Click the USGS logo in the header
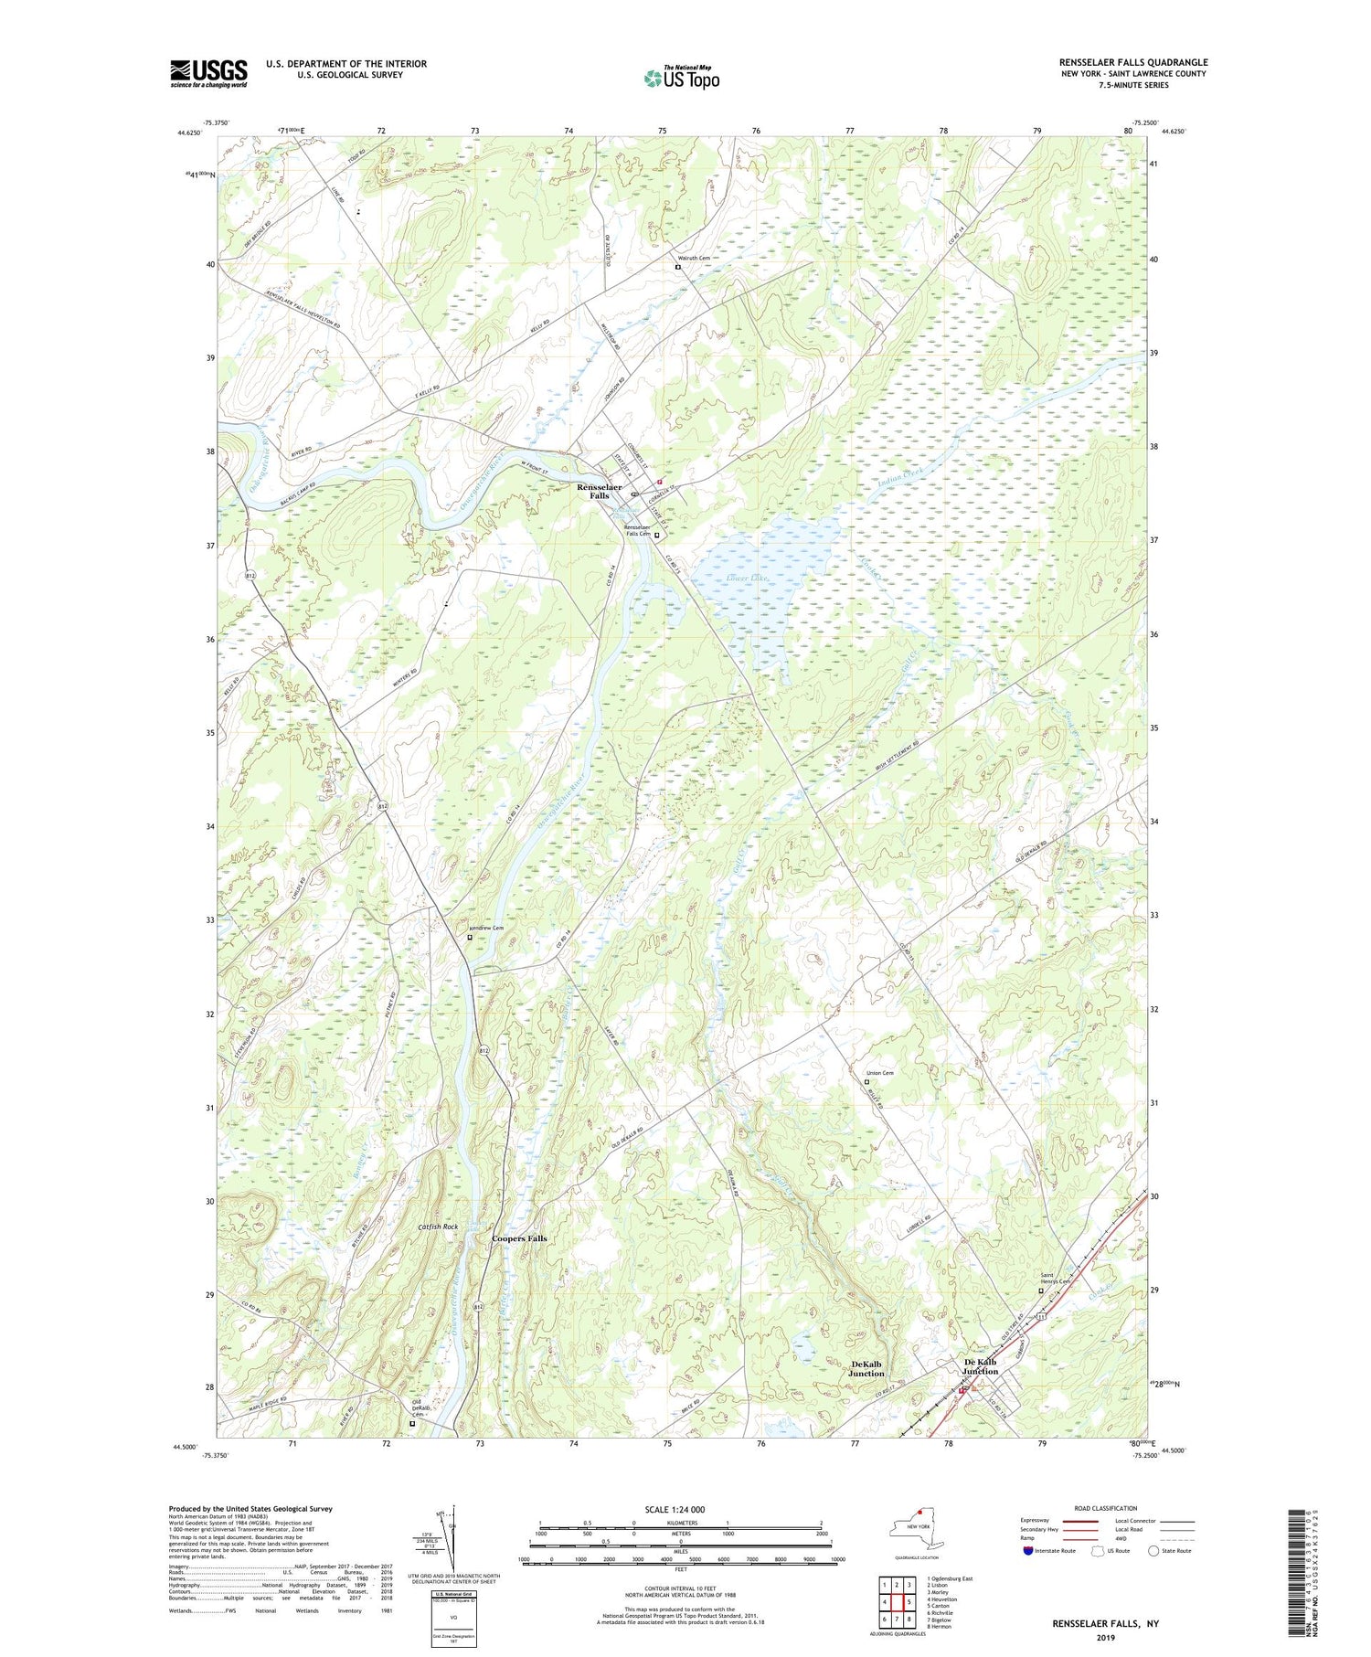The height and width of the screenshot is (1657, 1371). click(x=208, y=73)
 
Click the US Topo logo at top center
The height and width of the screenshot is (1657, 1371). click(x=681, y=78)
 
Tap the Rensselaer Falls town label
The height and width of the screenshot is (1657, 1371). click(x=599, y=491)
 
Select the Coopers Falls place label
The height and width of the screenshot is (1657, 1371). click(x=519, y=1238)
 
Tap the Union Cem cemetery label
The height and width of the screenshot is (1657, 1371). click(x=879, y=1073)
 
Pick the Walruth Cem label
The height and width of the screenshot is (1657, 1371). click(x=692, y=259)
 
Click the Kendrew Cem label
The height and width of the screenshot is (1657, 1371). click(x=485, y=929)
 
